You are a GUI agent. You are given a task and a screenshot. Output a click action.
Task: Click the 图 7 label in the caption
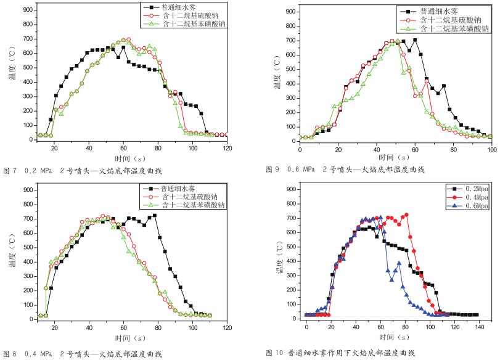pos(11,169)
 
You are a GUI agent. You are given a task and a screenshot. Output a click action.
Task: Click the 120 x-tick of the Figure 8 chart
pos(227,328)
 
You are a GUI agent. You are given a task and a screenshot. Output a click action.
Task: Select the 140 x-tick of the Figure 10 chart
pos(478,327)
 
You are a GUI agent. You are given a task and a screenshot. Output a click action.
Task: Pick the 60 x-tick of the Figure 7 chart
pos(124,149)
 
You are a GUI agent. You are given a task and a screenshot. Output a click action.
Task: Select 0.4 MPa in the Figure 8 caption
pos(39,354)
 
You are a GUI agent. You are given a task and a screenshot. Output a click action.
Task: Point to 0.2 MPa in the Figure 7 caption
pos(39,169)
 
